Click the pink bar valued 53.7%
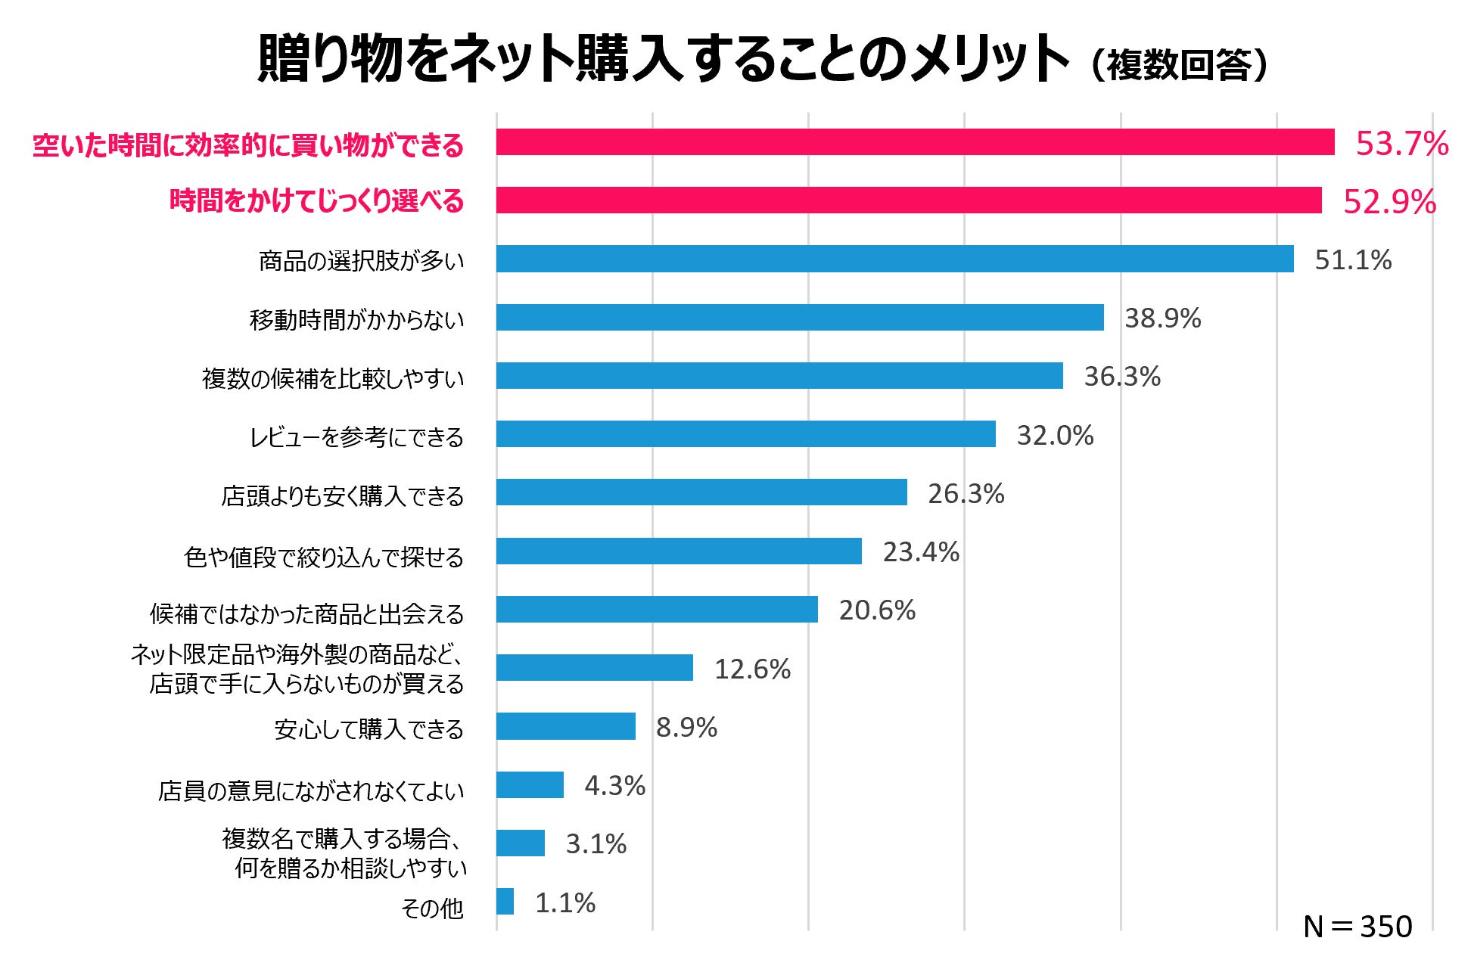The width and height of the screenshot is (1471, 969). (915, 142)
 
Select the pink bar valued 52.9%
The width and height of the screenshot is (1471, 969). (908, 200)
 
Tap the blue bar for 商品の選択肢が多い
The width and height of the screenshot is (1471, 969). (894, 259)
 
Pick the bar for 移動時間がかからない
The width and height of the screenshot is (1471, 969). (800, 318)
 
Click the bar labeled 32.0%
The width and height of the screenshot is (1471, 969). (745, 434)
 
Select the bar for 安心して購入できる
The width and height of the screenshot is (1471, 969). (565, 726)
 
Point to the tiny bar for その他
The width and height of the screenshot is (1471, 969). (505, 902)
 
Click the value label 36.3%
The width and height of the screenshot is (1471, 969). (1121, 376)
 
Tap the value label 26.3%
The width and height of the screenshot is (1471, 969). (966, 493)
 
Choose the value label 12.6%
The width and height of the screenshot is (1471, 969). (752, 669)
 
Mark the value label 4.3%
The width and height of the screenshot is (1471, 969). (614, 785)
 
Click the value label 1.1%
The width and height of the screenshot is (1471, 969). (564, 902)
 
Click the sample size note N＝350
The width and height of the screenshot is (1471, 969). (1357, 927)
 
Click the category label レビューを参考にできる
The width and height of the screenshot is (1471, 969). (356, 437)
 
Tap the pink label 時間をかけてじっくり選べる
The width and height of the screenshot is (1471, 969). (316, 201)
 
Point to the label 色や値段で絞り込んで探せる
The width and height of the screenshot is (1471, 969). (324, 557)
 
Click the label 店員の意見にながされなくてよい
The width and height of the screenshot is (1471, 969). (311, 790)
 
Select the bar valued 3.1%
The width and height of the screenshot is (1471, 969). (520, 843)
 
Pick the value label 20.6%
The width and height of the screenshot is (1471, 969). (876, 610)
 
